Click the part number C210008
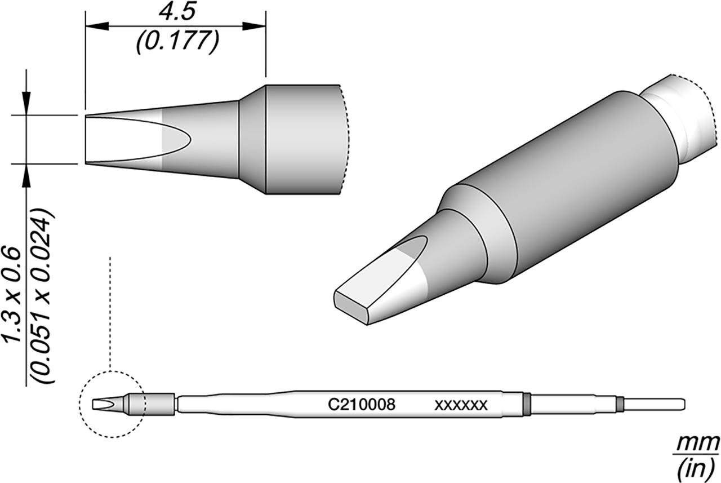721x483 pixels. coord(361,404)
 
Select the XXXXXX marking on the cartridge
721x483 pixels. coord(460,405)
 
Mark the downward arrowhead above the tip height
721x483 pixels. coord(26,104)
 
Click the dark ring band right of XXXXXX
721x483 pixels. coord(526,404)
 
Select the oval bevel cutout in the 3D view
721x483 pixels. coord(414,253)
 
